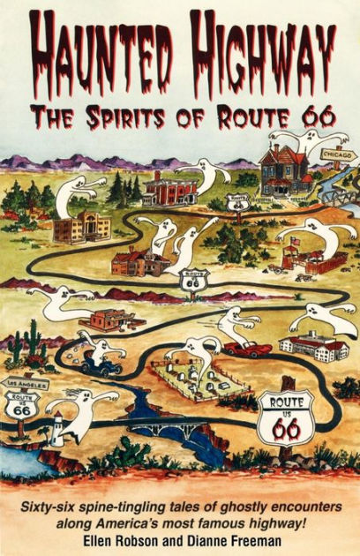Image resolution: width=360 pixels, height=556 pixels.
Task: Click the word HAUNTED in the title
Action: coord(98,46)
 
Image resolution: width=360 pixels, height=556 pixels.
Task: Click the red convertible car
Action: coord(246,348)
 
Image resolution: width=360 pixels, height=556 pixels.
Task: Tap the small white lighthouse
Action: coord(56,427)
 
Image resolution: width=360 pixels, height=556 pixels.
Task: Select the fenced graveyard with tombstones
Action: coord(199,379)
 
